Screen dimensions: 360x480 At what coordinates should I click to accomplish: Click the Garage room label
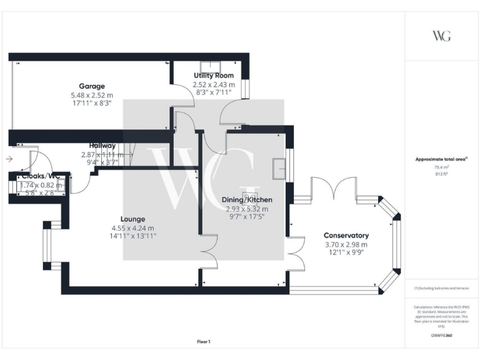coord(92,86)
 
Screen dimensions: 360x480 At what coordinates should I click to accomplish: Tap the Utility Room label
coord(214,76)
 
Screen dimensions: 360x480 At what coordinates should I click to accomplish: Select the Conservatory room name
coord(346,235)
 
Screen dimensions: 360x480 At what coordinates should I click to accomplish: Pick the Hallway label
coord(102,146)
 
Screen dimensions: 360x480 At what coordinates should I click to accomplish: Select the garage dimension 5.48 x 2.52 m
coord(92,95)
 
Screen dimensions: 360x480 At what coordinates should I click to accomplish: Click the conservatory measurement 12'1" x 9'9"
coord(346,253)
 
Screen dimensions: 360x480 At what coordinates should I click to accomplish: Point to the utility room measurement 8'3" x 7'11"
coord(214,92)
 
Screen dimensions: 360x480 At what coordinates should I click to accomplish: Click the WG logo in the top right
coord(441,36)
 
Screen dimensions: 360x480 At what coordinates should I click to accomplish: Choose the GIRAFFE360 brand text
coord(442,336)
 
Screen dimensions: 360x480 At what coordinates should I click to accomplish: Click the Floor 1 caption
coord(204,341)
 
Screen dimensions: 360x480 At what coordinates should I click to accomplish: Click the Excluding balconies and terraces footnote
coord(442,288)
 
